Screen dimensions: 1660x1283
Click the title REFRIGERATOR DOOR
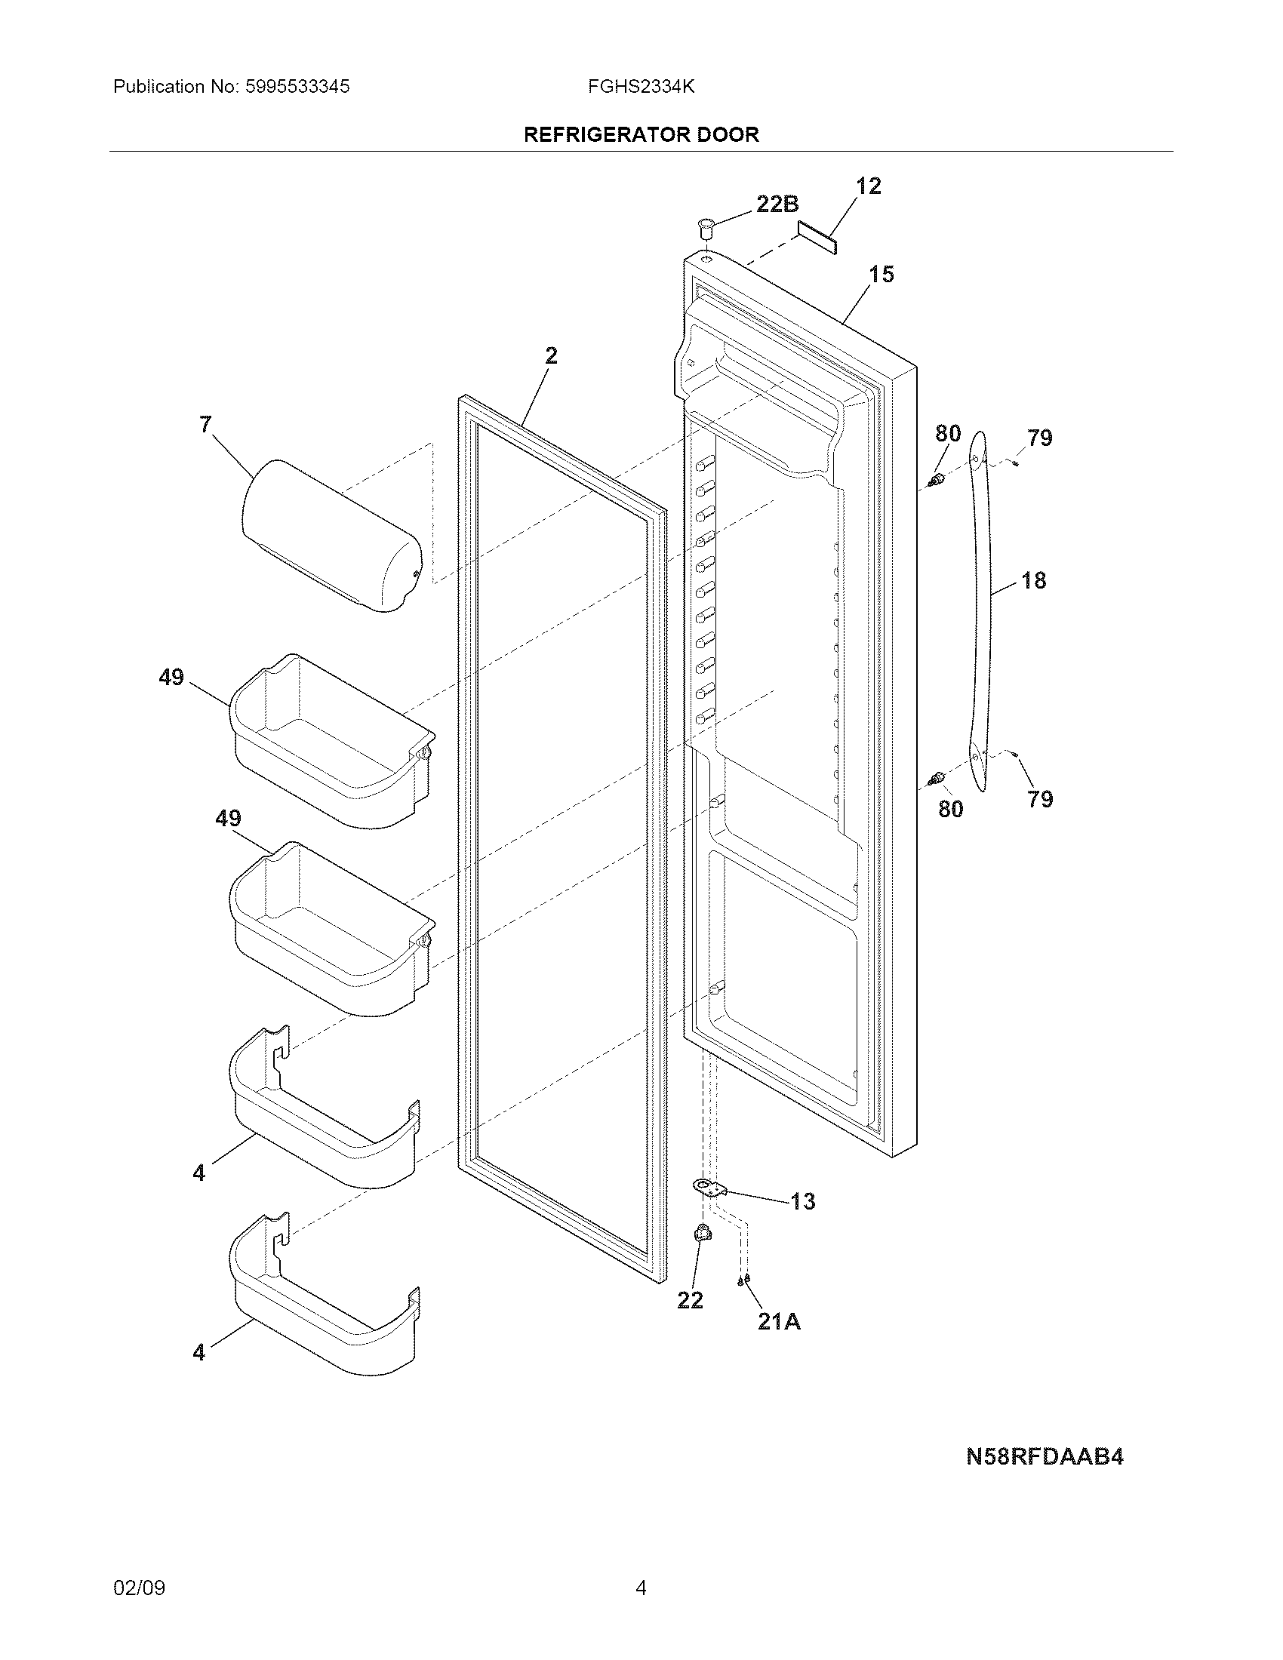point(641,134)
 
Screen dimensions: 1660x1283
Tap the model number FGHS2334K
point(641,87)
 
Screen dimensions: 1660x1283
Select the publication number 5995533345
point(297,87)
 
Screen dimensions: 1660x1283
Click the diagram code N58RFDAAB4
point(1045,1456)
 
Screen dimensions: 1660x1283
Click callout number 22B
point(777,204)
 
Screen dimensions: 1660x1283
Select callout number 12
point(868,186)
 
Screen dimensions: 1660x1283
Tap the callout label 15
point(881,275)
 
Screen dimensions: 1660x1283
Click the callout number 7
point(205,424)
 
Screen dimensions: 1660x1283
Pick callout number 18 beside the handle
point(1034,581)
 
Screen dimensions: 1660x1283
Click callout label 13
point(803,1201)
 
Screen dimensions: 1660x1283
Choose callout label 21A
point(779,1322)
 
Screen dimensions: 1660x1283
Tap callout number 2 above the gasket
point(551,355)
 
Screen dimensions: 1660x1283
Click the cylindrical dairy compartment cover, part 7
point(331,536)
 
